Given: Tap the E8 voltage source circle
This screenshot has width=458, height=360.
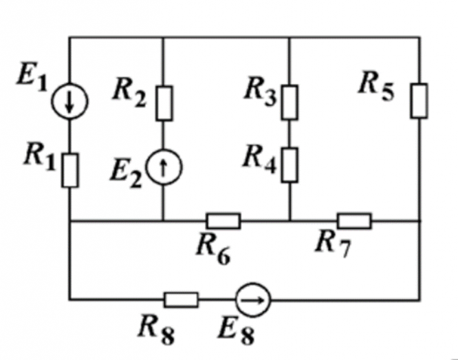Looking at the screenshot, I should pos(253,299).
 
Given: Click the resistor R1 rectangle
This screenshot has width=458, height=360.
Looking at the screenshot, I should pos(70,169).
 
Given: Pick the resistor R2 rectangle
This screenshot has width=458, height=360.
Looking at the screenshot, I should pos(164,103).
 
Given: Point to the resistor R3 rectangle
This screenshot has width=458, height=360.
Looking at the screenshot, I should pos(290,100).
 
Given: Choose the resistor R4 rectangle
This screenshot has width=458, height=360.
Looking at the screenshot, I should pos(290,162).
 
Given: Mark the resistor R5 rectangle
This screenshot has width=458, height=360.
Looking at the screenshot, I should pos(419,100).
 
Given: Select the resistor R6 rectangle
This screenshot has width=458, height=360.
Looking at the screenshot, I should pos(223,220).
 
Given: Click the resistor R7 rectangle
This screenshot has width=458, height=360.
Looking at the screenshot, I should pos(355,220).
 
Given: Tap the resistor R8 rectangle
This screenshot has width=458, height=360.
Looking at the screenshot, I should pos(182,299).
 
